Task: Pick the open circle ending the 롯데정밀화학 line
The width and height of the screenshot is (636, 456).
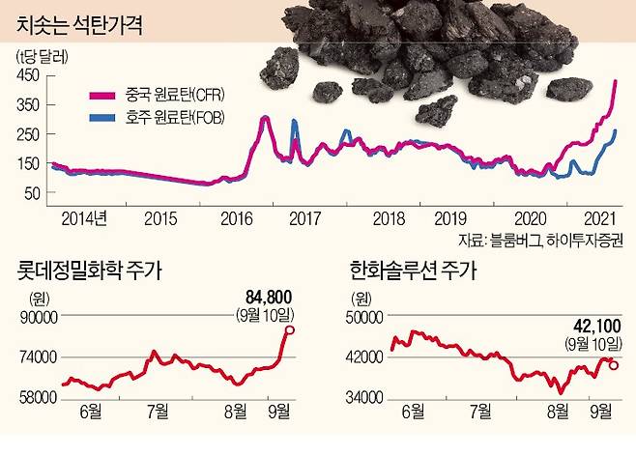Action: coord(291,330)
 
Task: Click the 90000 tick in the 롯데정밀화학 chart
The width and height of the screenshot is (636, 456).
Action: coord(36,316)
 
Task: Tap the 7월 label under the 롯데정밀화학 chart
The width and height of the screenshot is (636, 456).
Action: coord(156,410)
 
